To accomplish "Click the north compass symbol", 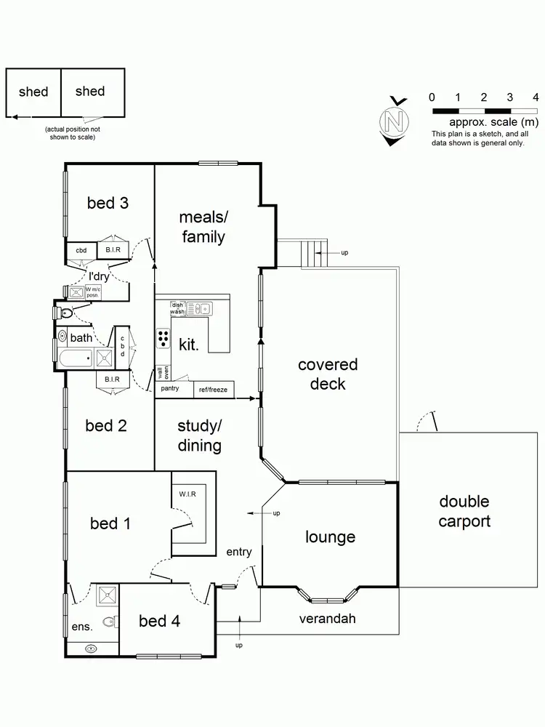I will click(395, 120).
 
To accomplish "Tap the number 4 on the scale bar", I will click(536, 97).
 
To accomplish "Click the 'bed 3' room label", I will click(108, 203).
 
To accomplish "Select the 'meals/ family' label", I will click(203, 227).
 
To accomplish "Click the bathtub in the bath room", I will click(76, 358).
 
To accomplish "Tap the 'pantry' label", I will click(170, 389).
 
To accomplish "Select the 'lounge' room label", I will click(330, 537).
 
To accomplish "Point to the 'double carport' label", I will click(464, 511).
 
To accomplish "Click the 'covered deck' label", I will click(328, 374).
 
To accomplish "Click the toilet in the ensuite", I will click(109, 622).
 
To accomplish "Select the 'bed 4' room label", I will click(160, 621).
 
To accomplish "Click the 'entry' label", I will click(238, 552).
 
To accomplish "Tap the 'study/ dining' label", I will click(200, 435).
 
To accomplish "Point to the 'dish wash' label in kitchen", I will click(177, 308).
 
